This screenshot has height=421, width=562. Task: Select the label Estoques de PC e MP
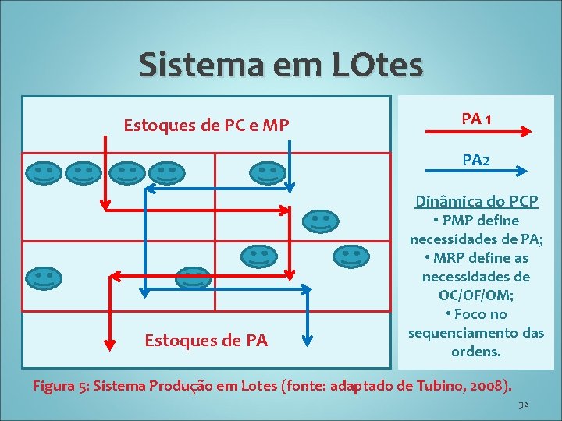tap(206, 125)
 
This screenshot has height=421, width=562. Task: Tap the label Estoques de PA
tap(206, 340)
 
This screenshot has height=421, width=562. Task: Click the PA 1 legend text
tap(476, 119)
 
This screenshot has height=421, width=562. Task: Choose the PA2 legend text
tap(476, 160)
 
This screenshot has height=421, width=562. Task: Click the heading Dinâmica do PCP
tap(476, 201)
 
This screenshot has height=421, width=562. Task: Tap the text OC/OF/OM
tap(476, 295)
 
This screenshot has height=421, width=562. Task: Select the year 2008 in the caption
tap(488, 385)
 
